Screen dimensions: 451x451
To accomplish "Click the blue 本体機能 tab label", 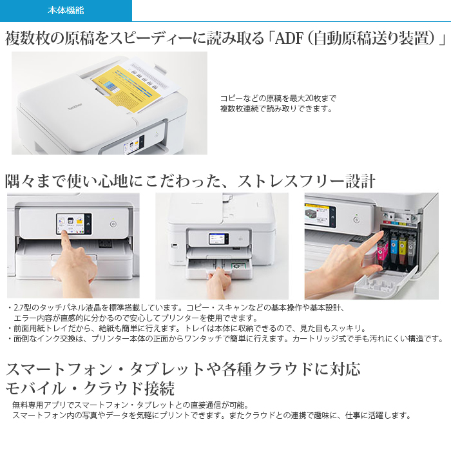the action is click(66, 11).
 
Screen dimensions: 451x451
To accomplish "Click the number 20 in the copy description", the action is click(309, 99).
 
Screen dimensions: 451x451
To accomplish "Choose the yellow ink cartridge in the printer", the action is click(403, 247).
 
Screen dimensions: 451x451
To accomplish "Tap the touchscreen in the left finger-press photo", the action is click(74, 224).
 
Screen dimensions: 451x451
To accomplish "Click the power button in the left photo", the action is click(113, 224).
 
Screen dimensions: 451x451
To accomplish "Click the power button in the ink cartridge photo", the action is click(356, 220).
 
